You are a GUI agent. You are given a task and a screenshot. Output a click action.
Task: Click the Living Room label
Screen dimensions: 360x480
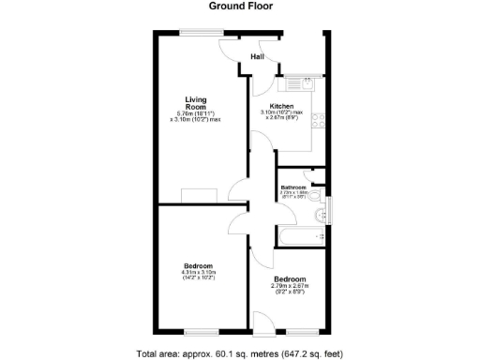(x=195, y=103)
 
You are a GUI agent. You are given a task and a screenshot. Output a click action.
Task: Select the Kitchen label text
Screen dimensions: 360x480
(x=281, y=106)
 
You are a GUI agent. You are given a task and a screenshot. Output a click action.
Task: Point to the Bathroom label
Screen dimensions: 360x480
(x=293, y=187)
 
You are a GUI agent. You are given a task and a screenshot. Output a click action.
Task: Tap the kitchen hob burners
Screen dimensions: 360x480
(x=318, y=120)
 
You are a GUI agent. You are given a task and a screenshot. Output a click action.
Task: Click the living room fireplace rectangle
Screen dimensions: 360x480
(x=200, y=194)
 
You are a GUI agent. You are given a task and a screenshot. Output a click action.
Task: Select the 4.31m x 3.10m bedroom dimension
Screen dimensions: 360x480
(x=198, y=272)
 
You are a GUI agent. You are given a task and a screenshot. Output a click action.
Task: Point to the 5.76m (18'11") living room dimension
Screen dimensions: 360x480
(x=195, y=114)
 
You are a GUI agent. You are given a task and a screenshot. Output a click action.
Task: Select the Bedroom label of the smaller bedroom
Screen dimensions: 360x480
(x=290, y=279)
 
